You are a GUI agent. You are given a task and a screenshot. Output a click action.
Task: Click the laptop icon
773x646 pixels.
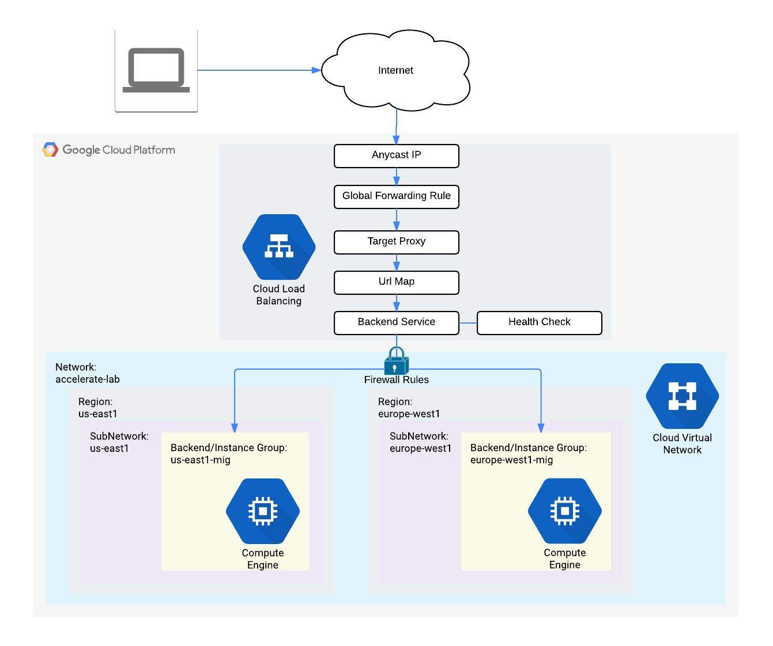coord(156,70)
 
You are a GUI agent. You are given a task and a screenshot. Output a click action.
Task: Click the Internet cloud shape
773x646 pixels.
coord(395,70)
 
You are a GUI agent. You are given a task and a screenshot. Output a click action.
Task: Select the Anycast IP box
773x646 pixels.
coord(397,155)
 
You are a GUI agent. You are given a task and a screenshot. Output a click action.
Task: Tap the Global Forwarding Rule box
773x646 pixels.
coord(397,196)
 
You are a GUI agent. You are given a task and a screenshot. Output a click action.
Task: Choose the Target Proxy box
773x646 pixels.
coord(397,242)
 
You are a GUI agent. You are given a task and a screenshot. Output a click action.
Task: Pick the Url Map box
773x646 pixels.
coord(397,282)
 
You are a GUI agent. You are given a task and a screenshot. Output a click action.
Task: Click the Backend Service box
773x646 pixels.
coord(397,322)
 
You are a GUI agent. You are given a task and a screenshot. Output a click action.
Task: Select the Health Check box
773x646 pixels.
coord(539,322)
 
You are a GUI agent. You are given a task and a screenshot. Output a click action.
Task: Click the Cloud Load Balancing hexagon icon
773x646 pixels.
coord(279,247)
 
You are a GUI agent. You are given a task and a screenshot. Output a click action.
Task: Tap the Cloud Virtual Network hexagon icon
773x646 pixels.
coord(682,396)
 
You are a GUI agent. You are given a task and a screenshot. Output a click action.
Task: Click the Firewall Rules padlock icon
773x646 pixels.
coord(396,362)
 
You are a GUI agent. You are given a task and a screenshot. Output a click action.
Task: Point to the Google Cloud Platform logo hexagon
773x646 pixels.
coord(50,150)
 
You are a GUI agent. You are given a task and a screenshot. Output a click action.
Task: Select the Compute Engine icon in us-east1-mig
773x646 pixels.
coord(263,511)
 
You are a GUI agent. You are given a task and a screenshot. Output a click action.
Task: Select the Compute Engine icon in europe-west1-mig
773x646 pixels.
coord(565,511)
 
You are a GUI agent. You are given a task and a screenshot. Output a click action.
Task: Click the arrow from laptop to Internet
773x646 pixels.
coord(259,70)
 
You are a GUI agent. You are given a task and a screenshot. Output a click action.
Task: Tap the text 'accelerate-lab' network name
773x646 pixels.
coord(88,379)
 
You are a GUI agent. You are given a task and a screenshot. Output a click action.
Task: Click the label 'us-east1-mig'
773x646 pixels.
coord(201,460)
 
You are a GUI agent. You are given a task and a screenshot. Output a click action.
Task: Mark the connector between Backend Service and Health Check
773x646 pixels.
coord(468,323)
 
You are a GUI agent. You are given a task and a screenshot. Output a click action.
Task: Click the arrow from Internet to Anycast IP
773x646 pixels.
coord(397,127)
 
